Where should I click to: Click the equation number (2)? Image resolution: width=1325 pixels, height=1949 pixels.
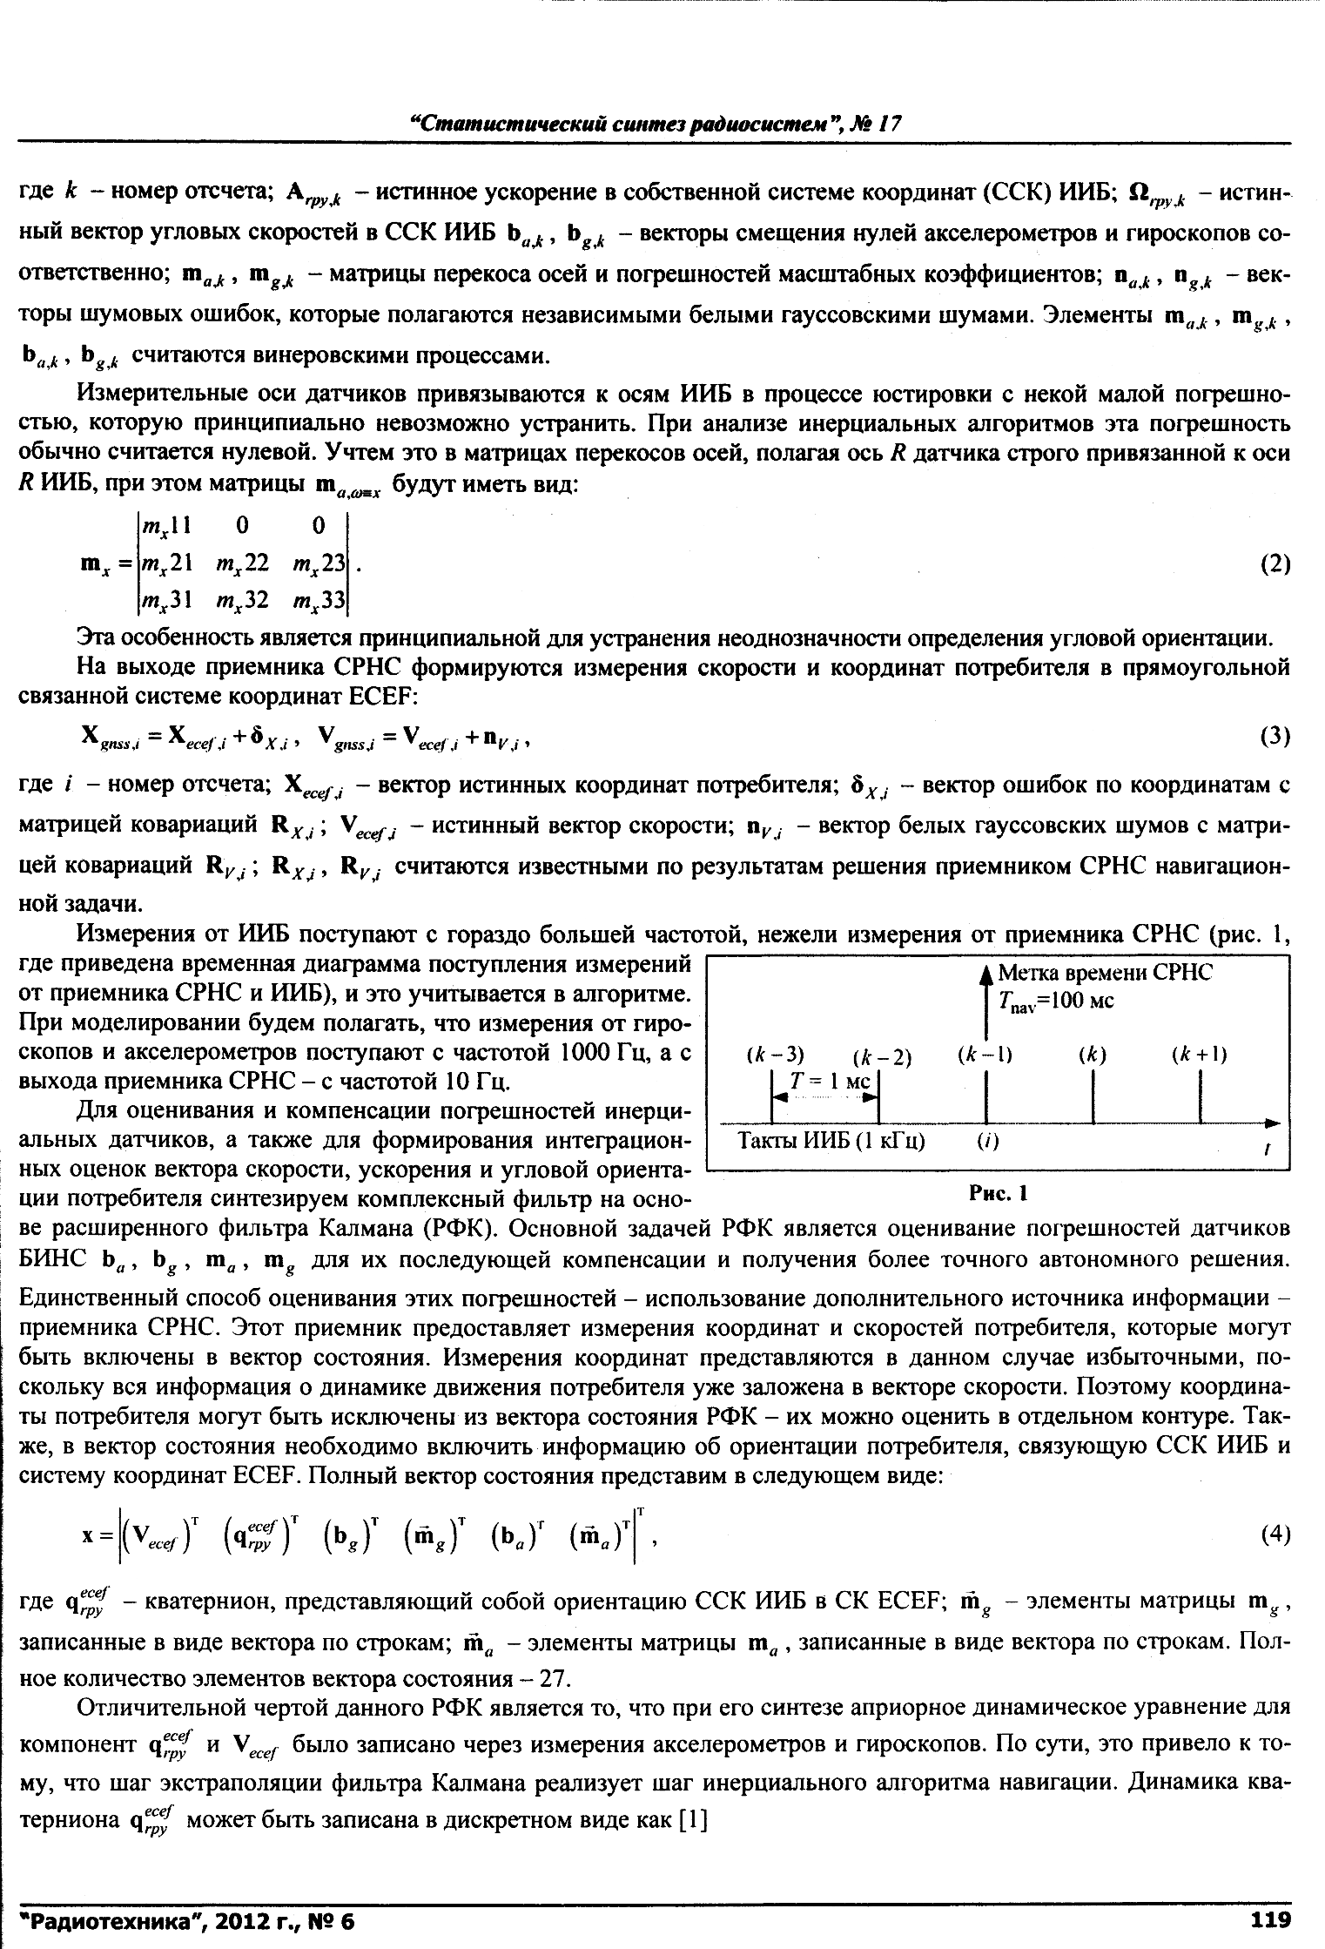[1275, 564]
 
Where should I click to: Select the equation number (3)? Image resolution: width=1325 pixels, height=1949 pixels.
[1275, 737]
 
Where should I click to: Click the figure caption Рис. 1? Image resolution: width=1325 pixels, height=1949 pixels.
[999, 1193]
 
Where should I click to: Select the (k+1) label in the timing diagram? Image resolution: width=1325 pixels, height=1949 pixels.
[1200, 1055]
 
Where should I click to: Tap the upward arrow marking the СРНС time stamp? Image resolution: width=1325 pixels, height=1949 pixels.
[985, 1001]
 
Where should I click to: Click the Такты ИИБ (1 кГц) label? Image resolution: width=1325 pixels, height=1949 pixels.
[831, 1141]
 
